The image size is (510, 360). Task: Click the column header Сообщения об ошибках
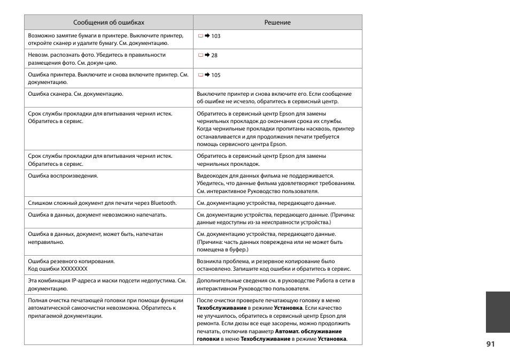coord(109,22)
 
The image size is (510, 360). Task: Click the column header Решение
coord(277,22)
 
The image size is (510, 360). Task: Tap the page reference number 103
coord(215,36)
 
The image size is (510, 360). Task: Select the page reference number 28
coord(214,56)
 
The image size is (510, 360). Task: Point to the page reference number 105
coord(215,75)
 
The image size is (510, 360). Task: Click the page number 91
coord(491,344)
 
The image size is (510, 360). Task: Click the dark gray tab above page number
coord(498,312)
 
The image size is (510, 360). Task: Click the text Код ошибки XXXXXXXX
coord(58,269)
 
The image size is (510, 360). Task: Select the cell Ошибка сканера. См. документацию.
coord(75,94)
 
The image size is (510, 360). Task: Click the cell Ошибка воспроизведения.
coord(63,176)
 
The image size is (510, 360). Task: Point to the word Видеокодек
coord(213,176)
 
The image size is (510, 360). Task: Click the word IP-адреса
coord(84,281)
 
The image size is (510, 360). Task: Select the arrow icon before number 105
coord(207,75)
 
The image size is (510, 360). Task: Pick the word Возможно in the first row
coord(42,36)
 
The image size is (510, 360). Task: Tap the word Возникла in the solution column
coord(210,262)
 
